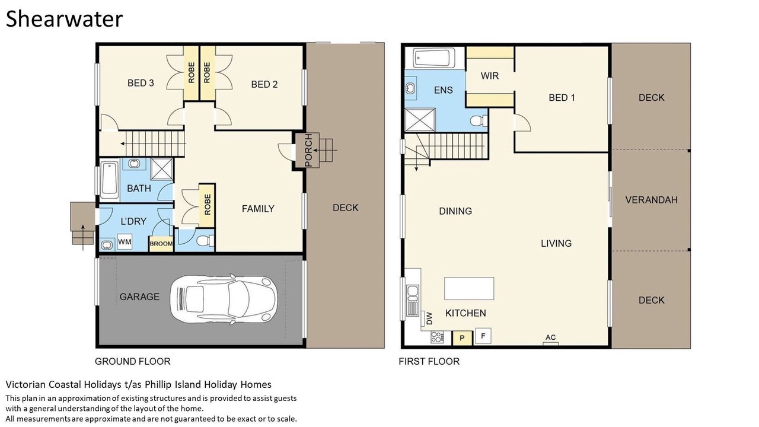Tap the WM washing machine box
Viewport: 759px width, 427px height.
point(125,242)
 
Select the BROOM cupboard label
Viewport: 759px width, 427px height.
point(161,244)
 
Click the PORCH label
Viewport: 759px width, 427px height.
point(308,150)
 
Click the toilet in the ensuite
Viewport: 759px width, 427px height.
point(479,121)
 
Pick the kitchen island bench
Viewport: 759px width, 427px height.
point(469,288)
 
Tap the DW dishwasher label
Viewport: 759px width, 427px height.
point(429,318)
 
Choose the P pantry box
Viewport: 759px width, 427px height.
point(462,338)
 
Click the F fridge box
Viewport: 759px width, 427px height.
point(483,336)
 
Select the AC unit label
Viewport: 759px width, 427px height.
point(551,337)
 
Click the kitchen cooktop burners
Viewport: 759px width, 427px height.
point(437,337)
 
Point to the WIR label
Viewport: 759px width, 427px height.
point(490,75)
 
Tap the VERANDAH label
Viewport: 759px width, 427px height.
point(651,200)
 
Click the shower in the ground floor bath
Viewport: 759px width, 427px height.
point(162,168)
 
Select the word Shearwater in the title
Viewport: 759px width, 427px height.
point(64,19)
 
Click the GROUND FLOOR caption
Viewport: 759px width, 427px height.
point(132,361)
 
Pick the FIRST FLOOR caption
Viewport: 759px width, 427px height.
point(429,361)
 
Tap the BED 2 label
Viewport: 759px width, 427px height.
point(264,84)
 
